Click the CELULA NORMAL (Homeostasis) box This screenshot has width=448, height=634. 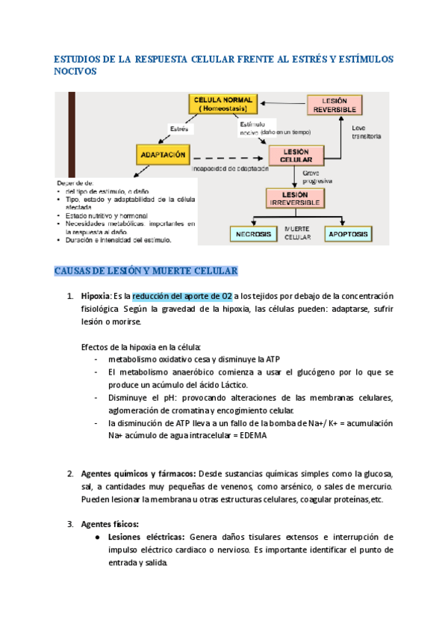pos(223,105)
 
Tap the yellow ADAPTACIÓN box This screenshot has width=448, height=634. pos(161,156)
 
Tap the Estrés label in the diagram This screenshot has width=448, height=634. pos(178,129)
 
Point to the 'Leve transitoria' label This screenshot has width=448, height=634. pos(367,132)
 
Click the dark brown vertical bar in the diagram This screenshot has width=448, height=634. pos(70,135)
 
